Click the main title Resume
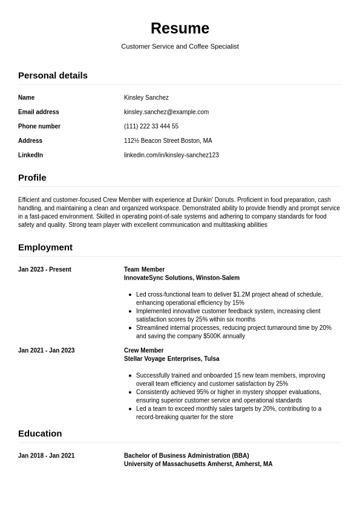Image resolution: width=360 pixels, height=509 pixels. click(180, 28)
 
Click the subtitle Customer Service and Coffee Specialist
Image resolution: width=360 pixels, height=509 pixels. click(180, 47)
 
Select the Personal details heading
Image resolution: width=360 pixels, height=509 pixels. click(53, 76)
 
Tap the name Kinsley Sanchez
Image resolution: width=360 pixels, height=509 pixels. click(146, 97)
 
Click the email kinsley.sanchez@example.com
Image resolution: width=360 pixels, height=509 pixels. click(166, 112)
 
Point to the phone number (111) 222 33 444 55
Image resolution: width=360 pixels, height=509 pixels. click(151, 126)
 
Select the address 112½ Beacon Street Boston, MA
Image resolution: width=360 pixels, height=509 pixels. click(168, 141)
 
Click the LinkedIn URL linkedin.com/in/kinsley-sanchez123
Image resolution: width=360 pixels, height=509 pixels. click(171, 156)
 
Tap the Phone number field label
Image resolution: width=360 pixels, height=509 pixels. click(39, 126)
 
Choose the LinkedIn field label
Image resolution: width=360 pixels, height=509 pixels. click(30, 156)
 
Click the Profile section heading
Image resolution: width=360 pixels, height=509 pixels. click(32, 178)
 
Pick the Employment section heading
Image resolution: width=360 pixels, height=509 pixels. click(45, 248)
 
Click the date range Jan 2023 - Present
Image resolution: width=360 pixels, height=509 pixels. click(45, 270)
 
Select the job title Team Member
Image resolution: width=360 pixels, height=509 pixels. click(144, 270)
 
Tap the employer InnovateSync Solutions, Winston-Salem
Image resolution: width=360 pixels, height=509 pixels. click(182, 278)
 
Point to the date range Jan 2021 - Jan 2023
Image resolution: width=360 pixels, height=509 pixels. click(47, 350)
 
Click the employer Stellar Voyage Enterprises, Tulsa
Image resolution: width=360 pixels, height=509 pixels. click(171, 358)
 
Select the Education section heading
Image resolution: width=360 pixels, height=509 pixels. click(40, 434)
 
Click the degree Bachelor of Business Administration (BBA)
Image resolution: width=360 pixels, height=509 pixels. click(186, 456)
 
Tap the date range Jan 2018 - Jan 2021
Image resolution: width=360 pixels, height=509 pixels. click(47, 456)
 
